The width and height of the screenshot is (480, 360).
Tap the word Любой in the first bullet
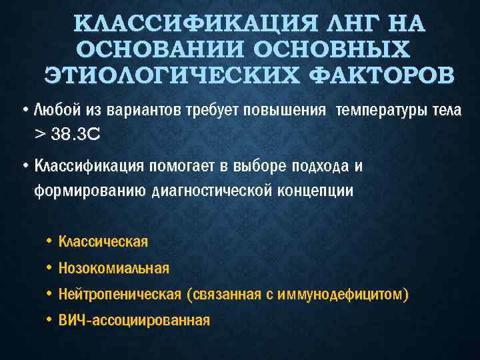coord(53,110)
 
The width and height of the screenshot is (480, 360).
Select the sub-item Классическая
coord(103,241)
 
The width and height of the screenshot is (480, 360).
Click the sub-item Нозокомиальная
coord(114,268)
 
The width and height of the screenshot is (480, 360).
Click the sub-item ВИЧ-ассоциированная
coord(134,321)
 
